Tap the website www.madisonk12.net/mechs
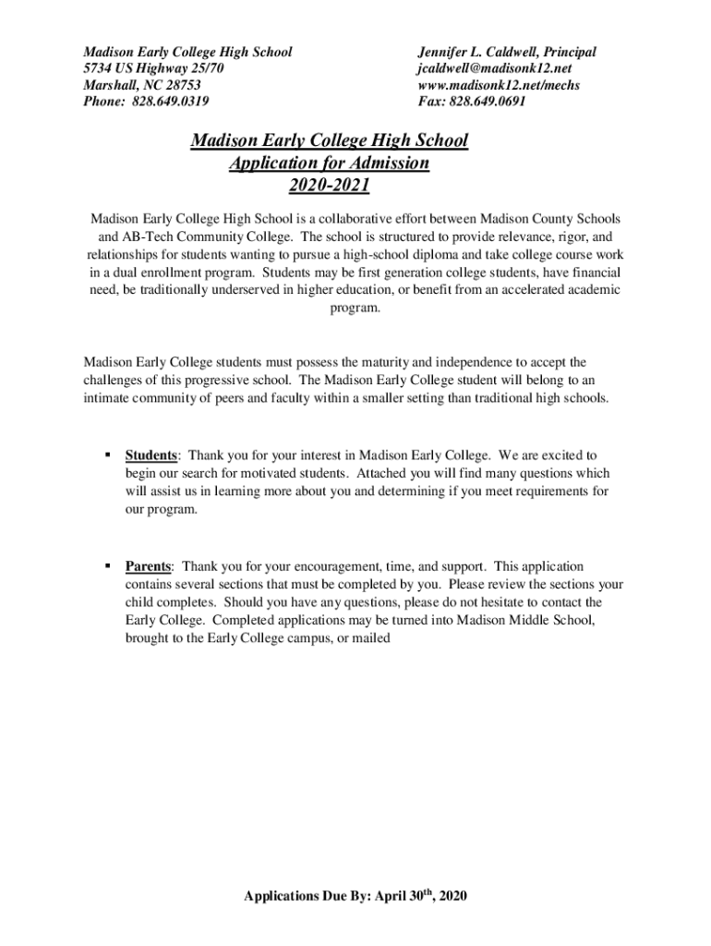(499, 85)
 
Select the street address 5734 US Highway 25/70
(152, 68)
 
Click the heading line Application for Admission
(329, 164)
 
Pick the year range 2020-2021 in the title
(329, 187)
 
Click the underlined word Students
(151, 455)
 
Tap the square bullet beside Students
(108, 455)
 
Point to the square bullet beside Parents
(108, 566)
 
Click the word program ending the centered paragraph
(355, 308)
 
